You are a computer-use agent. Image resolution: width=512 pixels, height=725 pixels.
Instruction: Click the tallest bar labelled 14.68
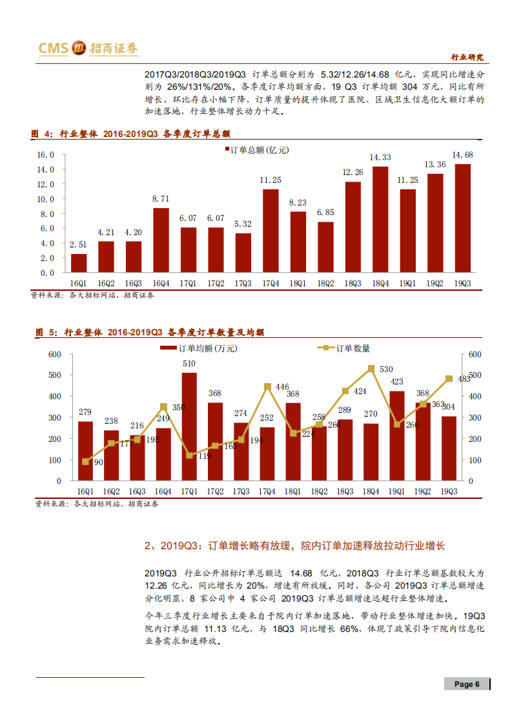[x=463, y=218]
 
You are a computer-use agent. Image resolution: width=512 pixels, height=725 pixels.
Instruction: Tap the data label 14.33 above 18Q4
[x=380, y=157]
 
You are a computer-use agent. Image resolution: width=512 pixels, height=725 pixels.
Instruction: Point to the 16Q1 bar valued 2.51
[x=78, y=263]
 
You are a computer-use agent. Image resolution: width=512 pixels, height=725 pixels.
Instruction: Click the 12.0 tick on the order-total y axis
[x=45, y=184]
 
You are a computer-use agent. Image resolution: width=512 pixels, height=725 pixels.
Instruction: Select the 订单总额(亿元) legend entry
[x=256, y=149]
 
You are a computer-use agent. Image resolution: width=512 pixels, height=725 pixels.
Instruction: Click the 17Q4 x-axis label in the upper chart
[x=271, y=283]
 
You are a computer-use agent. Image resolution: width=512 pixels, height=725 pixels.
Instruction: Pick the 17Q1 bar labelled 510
[x=189, y=426]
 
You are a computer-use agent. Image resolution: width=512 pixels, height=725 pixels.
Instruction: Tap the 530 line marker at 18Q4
[x=371, y=368]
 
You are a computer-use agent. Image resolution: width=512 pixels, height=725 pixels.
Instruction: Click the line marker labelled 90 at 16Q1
[x=85, y=461]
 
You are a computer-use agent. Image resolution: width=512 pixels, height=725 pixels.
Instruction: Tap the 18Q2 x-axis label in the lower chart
[x=319, y=491]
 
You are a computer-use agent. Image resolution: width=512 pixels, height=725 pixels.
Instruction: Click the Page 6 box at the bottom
[x=467, y=684]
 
